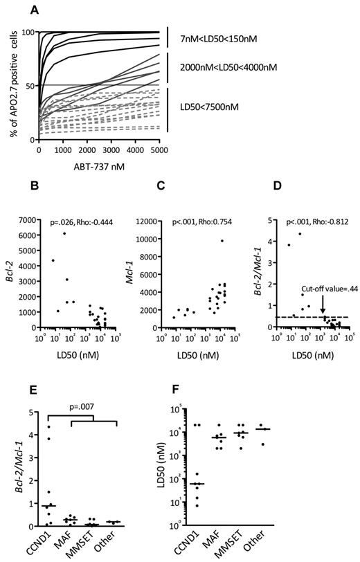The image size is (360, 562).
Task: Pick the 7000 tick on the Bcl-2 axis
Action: [x=35, y=219]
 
